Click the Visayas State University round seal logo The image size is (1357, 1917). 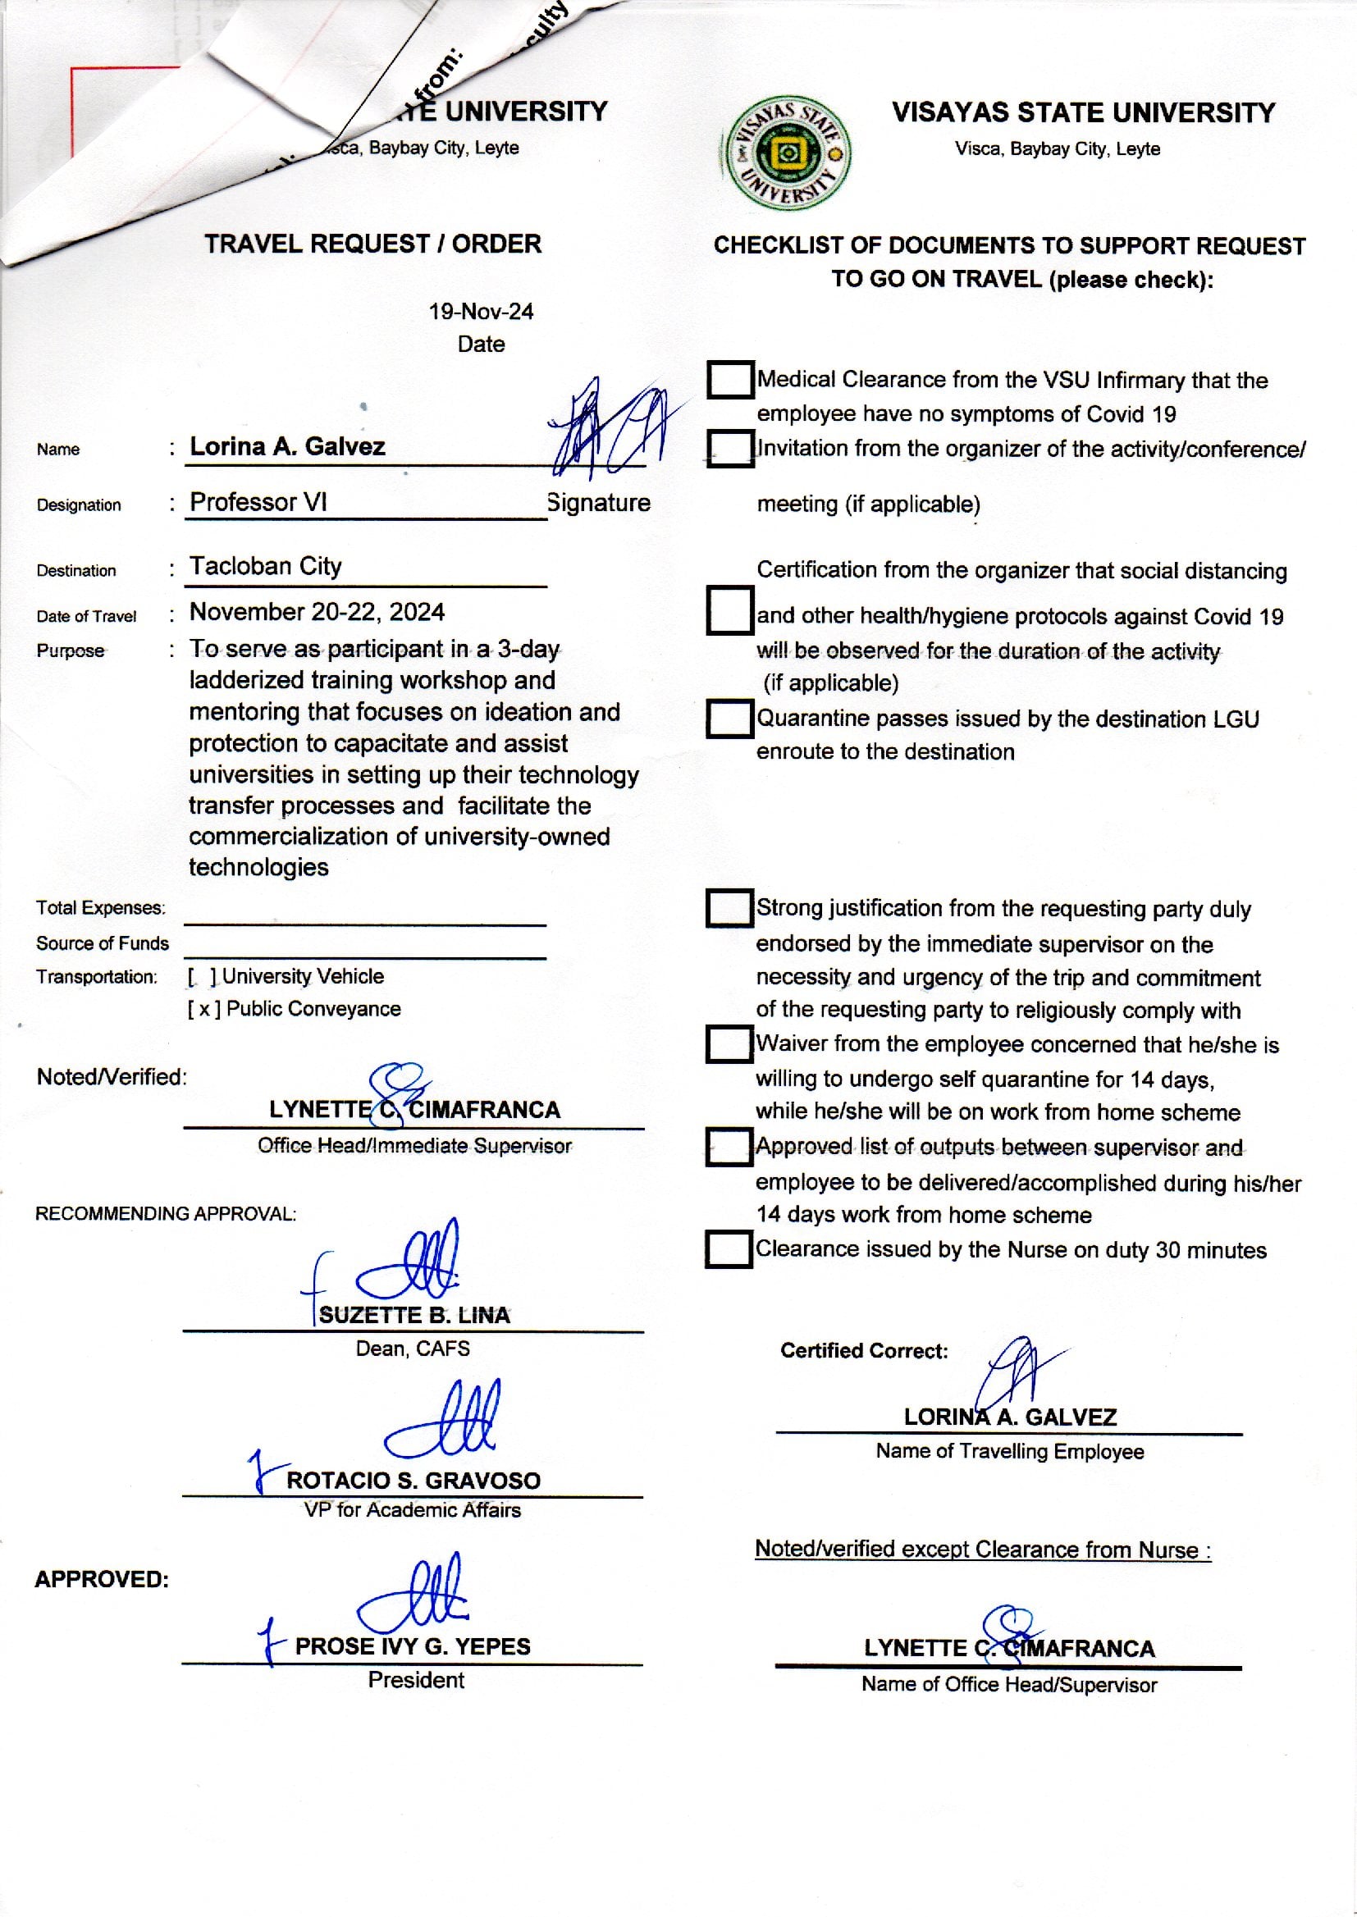tap(787, 153)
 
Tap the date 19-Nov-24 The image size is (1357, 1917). tap(481, 312)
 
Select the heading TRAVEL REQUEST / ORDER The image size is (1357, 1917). tap(372, 244)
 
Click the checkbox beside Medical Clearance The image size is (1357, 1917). tap(729, 379)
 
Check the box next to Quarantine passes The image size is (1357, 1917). tap(729, 719)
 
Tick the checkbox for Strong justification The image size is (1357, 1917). tap(729, 908)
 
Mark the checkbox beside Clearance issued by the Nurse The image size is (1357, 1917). tap(728, 1249)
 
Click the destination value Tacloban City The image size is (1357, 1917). tap(266, 566)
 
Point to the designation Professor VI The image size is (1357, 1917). tap(258, 502)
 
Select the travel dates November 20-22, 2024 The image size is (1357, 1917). tap(317, 612)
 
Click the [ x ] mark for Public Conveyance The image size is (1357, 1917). tap(204, 1009)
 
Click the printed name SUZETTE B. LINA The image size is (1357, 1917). tap(413, 1316)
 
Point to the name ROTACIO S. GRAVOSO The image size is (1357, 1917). tap(413, 1481)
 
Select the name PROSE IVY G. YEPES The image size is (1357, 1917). tap(413, 1646)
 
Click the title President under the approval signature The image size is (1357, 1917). tap(416, 1680)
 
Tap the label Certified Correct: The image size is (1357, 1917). tap(864, 1351)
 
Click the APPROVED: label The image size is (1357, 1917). tap(102, 1580)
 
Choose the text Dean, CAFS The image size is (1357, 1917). tap(413, 1349)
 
